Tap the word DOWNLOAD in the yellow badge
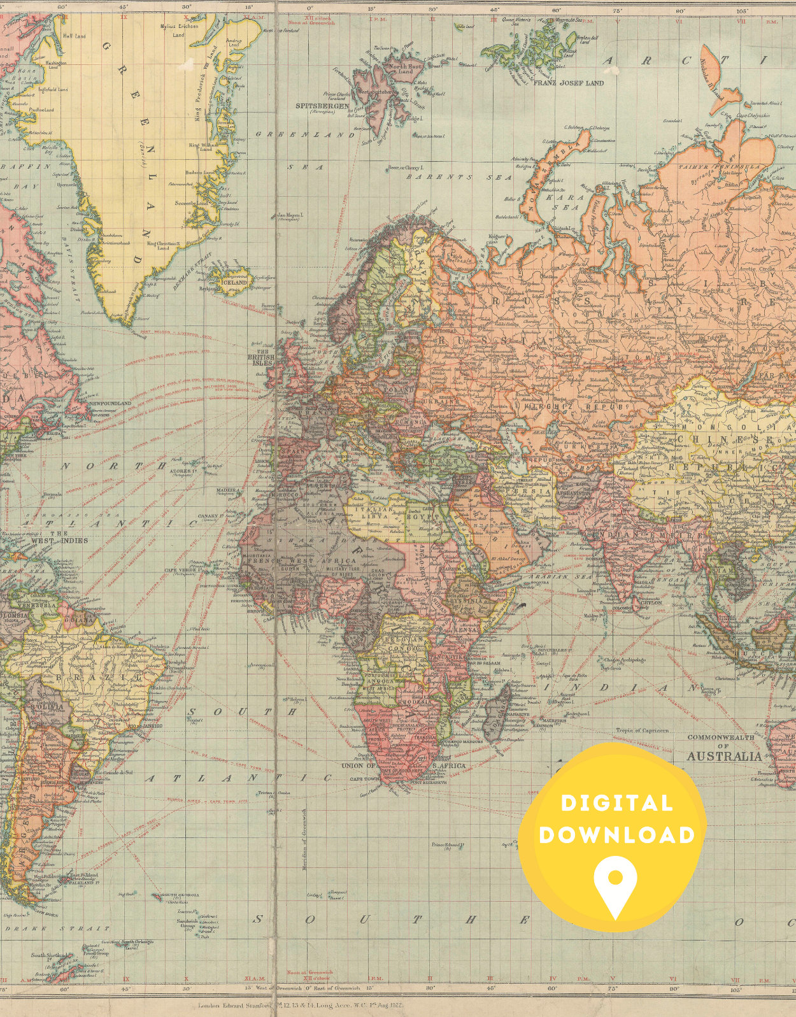[616, 835]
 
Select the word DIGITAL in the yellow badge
[616, 803]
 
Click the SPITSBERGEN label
[322, 106]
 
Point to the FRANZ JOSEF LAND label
[568, 83]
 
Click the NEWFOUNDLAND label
[110, 404]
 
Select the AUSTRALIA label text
[723, 757]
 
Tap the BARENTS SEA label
[459, 177]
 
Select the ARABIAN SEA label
[551, 577]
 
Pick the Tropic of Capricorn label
[642, 730]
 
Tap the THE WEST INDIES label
[54, 537]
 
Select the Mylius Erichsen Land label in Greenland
[179, 31]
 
